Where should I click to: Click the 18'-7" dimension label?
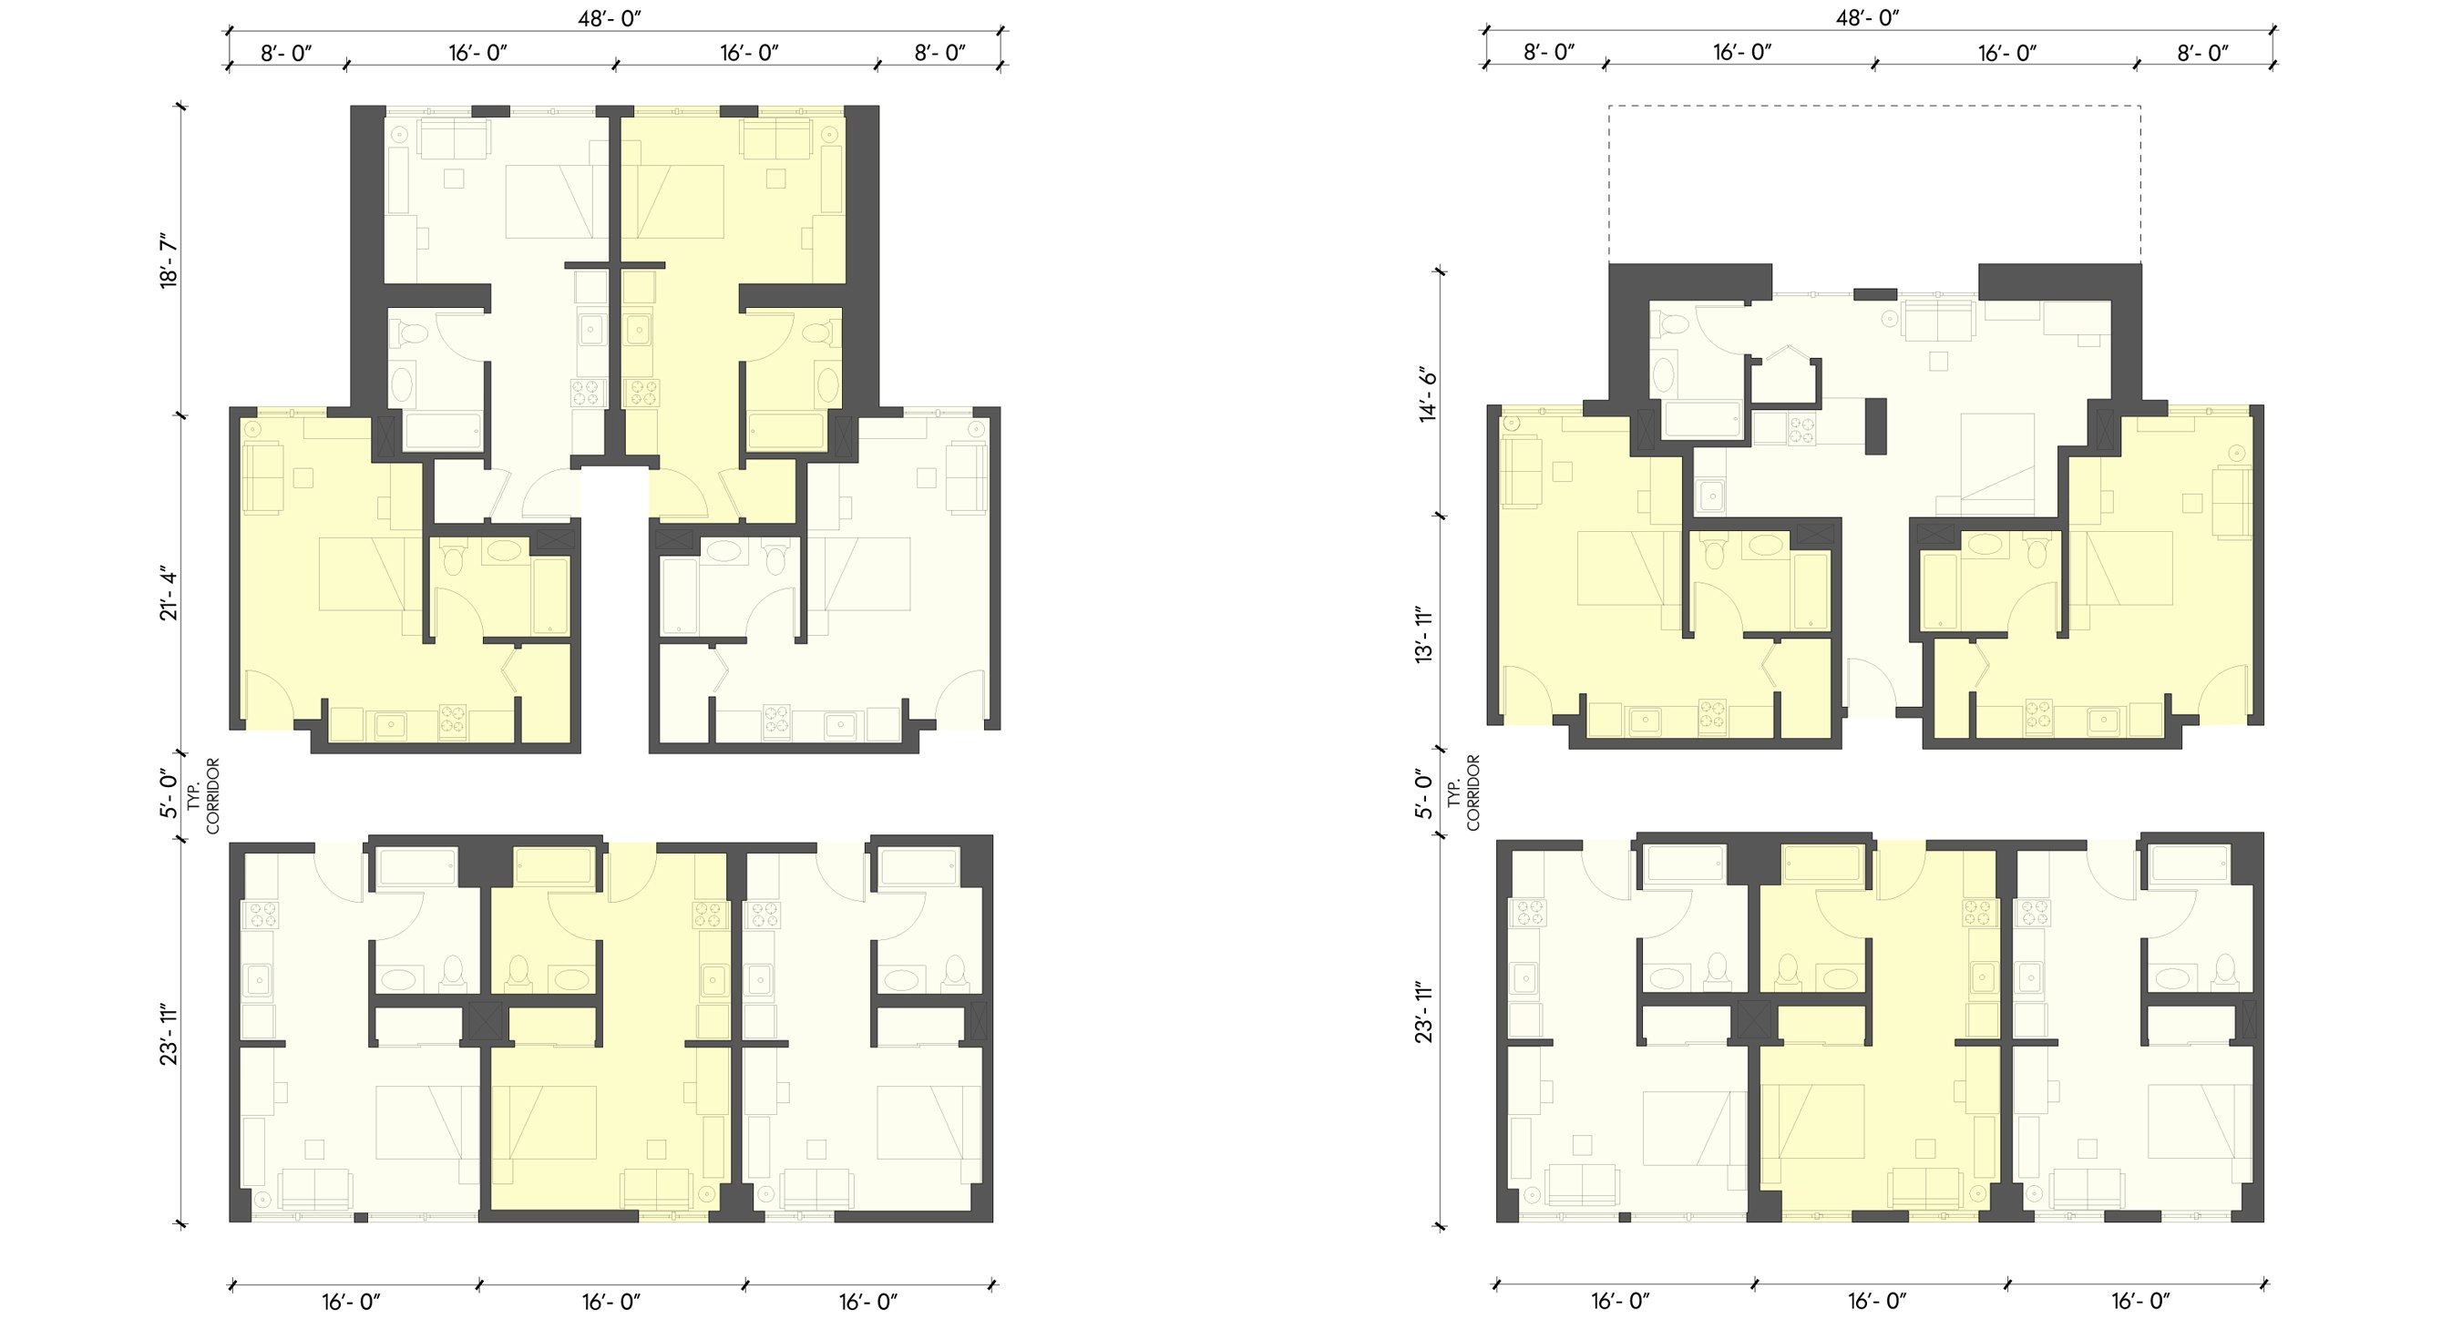(x=169, y=260)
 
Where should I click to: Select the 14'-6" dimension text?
(x=1428, y=394)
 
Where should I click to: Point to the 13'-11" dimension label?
(x=1425, y=634)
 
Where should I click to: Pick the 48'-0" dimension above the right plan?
(x=1868, y=18)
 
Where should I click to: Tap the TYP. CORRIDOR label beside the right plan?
(x=1462, y=792)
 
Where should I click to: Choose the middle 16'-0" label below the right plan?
(x=1877, y=1301)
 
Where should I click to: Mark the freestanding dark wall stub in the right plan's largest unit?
(x=1875, y=426)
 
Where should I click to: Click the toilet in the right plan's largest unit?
(x=1670, y=325)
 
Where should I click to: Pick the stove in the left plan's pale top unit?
(x=589, y=393)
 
